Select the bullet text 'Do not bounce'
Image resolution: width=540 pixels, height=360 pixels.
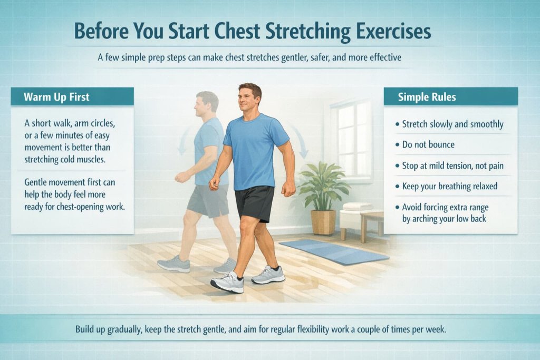[428, 144]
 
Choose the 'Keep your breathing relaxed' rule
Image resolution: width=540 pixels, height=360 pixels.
[450, 186]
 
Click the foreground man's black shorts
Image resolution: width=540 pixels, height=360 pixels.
[254, 203]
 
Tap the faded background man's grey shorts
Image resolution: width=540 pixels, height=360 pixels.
[208, 200]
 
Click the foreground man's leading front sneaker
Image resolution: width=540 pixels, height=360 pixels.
[227, 283]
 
